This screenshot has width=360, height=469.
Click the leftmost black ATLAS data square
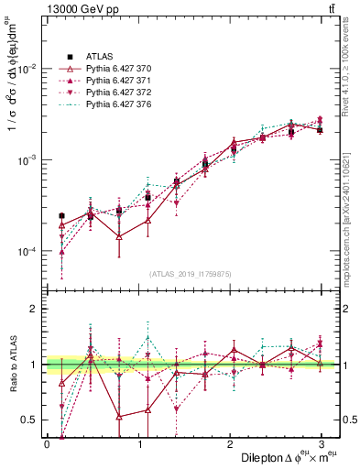61,216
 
